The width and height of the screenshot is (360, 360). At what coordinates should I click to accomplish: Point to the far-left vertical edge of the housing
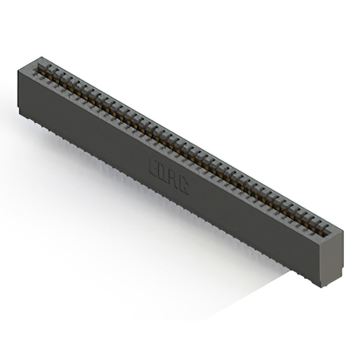(x=19, y=90)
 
